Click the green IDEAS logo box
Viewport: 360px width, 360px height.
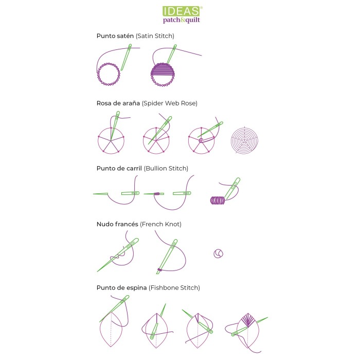tap(181, 11)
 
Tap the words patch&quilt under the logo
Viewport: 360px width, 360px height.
tap(182, 20)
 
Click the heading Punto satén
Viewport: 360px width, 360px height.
tap(115, 36)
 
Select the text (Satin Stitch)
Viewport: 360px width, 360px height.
tap(155, 36)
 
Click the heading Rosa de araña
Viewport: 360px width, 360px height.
tap(118, 103)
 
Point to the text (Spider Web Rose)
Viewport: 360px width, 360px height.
tap(170, 103)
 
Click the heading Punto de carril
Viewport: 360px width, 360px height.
tap(119, 168)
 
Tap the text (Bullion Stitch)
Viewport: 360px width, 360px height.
tap(166, 169)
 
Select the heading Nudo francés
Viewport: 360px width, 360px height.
tap(117, 224)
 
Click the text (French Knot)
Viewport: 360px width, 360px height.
tap(160, 224)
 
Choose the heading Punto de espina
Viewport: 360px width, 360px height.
tap(121, 287)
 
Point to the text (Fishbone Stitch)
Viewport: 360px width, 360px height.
tap(174, 288)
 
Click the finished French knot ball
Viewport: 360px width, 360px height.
tap(218, 254)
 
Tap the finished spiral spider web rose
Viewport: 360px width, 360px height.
tap(244, 140)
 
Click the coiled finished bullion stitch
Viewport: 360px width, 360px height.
tap(217, 201)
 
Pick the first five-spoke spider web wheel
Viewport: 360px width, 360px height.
tap(111, 141)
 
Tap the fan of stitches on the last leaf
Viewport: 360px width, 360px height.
tap(248, 319)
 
